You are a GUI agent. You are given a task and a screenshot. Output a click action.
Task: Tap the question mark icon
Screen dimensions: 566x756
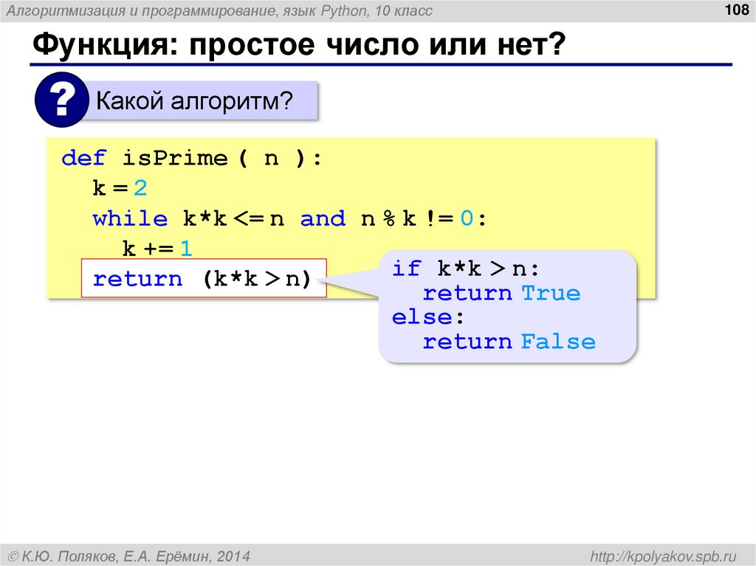pos(61,100)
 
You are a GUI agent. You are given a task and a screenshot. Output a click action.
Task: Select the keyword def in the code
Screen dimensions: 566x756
pos(84,158)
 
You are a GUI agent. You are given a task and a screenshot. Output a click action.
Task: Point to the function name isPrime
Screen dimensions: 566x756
pos(175,158)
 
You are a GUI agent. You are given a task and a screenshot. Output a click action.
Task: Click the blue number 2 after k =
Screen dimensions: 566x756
pos(140,188)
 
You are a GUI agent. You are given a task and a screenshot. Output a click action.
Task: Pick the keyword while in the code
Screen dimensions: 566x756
pos(130,218)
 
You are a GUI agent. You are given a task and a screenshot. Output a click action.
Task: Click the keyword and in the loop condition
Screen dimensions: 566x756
pos(323,218)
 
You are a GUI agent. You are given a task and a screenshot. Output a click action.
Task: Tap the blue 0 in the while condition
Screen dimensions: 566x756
pos(466,218)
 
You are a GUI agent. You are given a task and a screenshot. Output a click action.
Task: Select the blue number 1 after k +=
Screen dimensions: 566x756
pos(186,249)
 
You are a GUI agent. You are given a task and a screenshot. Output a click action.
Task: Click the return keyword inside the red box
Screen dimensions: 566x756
pos(137,279)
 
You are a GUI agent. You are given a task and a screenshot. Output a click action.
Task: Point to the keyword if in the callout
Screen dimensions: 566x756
pos(406,268)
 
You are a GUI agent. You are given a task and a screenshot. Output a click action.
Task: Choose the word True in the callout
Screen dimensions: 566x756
pos(551,293)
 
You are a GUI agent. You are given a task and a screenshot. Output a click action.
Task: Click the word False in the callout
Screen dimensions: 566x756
pos(558,342)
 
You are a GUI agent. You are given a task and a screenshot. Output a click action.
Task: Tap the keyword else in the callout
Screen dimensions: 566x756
pos(420,317)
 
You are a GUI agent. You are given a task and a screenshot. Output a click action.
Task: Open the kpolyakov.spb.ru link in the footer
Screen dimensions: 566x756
pos(664,555)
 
